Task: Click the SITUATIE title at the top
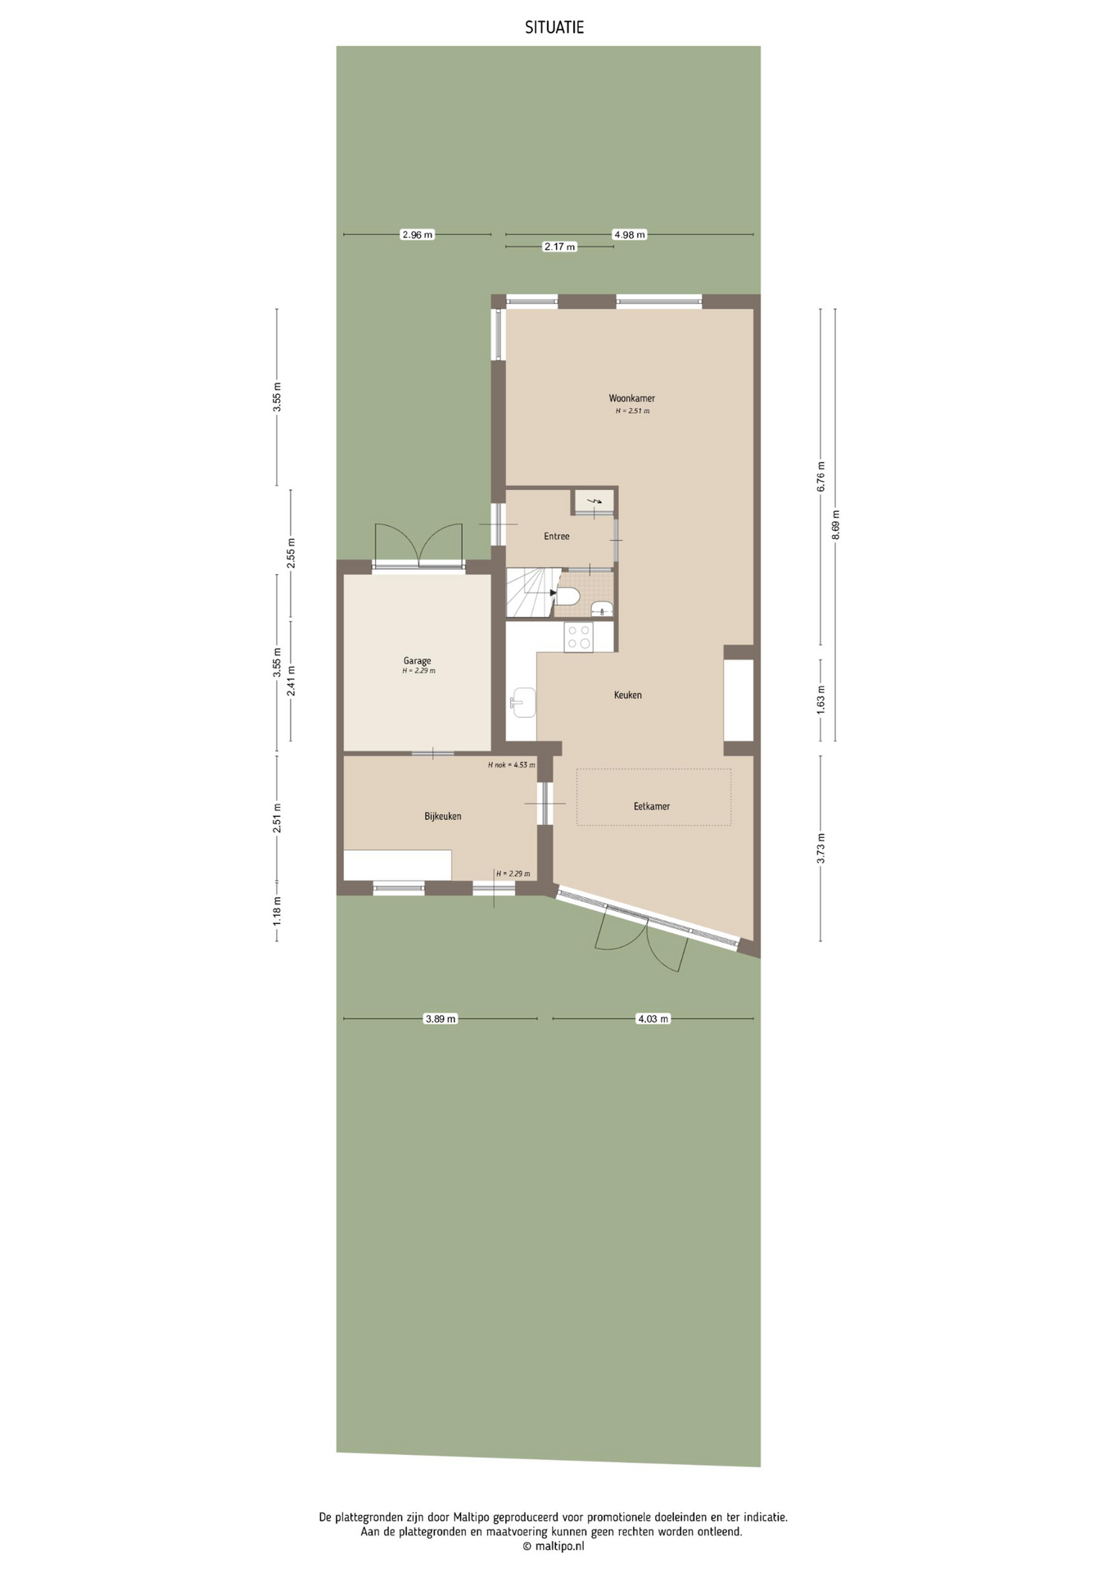click(554, 28)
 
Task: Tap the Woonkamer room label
click(631, 398)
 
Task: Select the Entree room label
click(557, 537)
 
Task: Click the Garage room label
click(417, 660)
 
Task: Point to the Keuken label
click(628, 695)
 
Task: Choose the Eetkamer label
click(652, 806)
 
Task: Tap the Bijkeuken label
click(443, 816)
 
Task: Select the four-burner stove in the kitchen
click(579, 637)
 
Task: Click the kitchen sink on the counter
click(522, 702)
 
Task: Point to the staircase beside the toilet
click(528, 592)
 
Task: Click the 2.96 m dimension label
click(417, 235)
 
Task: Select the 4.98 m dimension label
click(629, 235)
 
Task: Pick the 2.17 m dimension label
click(559, 247)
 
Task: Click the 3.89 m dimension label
click(441, 1019)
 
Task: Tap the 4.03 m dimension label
click(653, 1019)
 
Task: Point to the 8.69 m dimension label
click(835, 525)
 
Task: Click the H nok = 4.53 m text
click(511, 765)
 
